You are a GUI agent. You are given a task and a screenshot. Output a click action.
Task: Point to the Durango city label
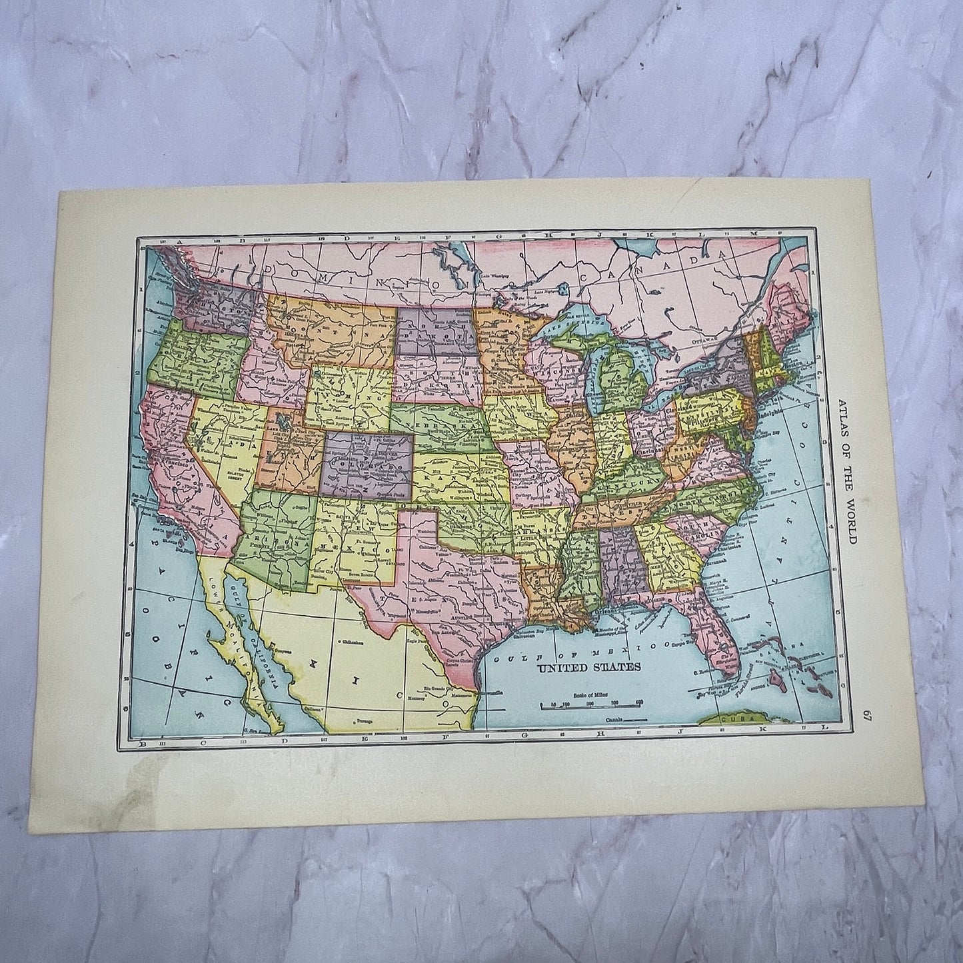(x=365, y=721)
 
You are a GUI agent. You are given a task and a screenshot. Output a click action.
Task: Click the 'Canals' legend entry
(x=616, y=720)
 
